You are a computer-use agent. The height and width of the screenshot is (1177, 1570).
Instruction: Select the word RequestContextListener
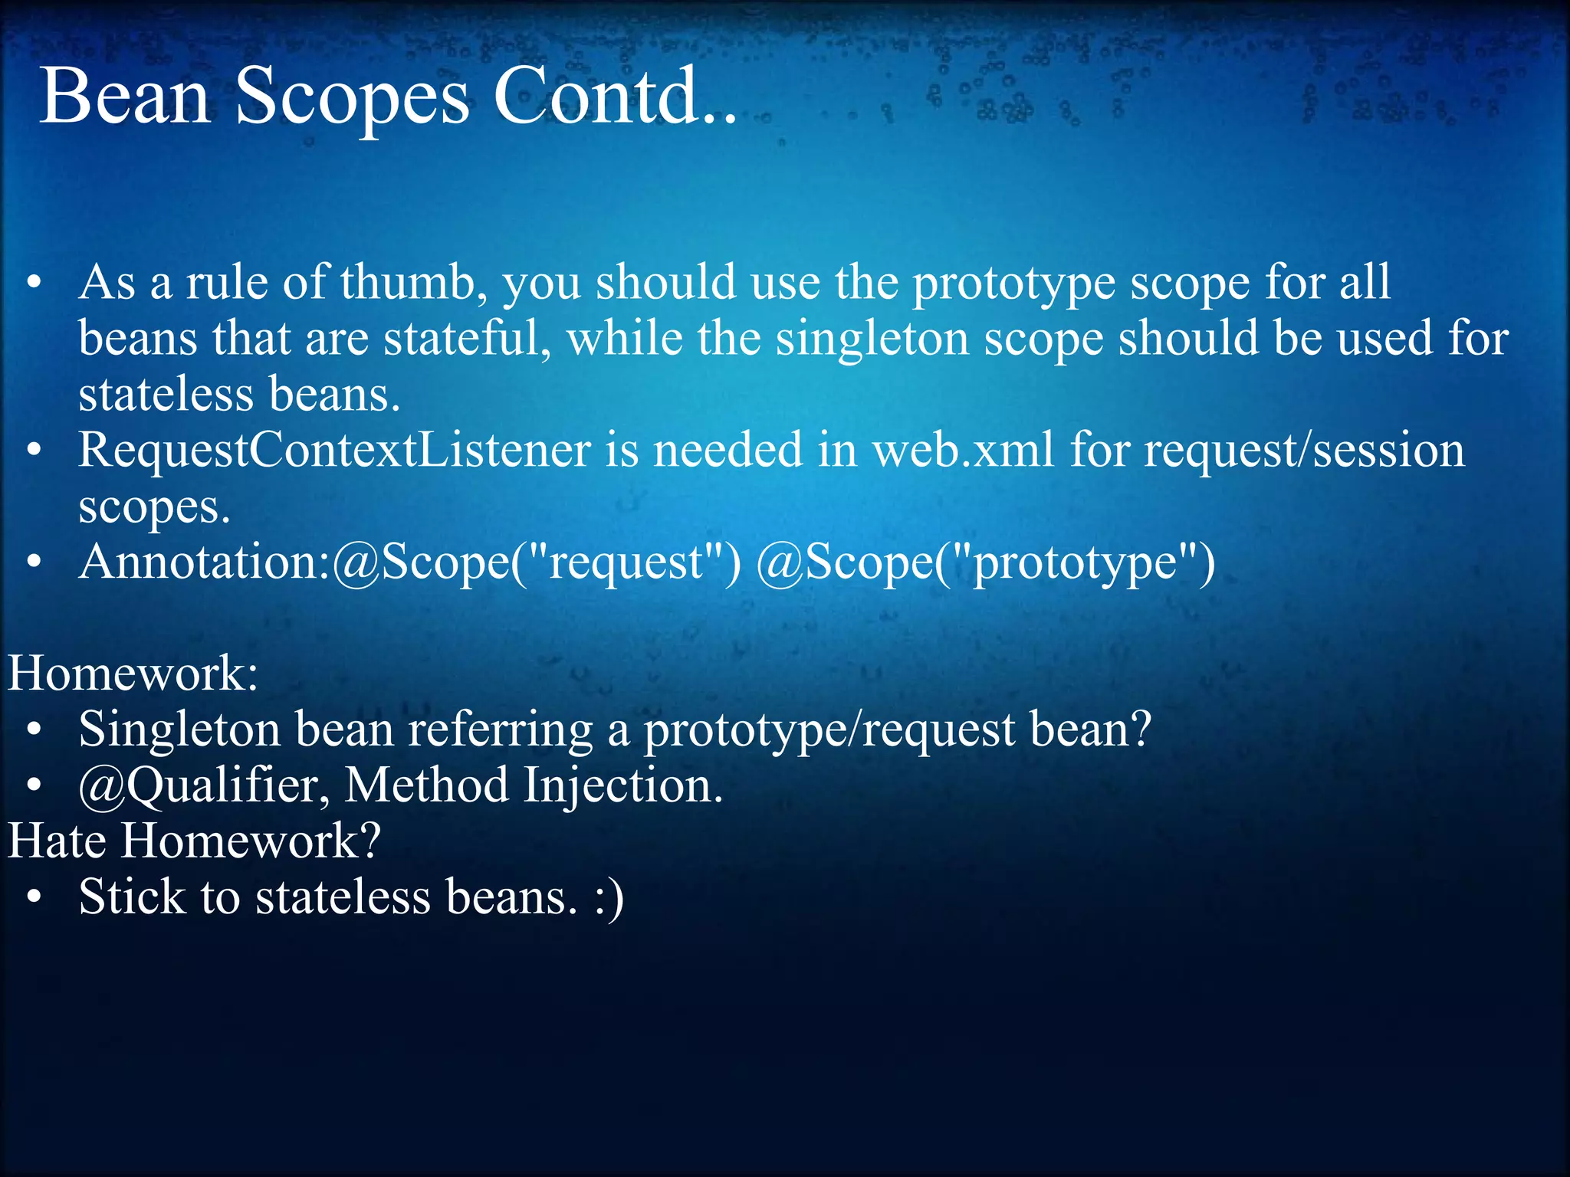point(334,451)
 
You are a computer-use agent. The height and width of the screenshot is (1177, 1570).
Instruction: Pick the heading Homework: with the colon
point(133,674)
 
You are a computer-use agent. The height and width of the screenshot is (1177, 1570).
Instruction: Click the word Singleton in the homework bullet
point(179,730)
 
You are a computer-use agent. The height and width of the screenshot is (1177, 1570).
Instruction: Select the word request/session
point(1304,451)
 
